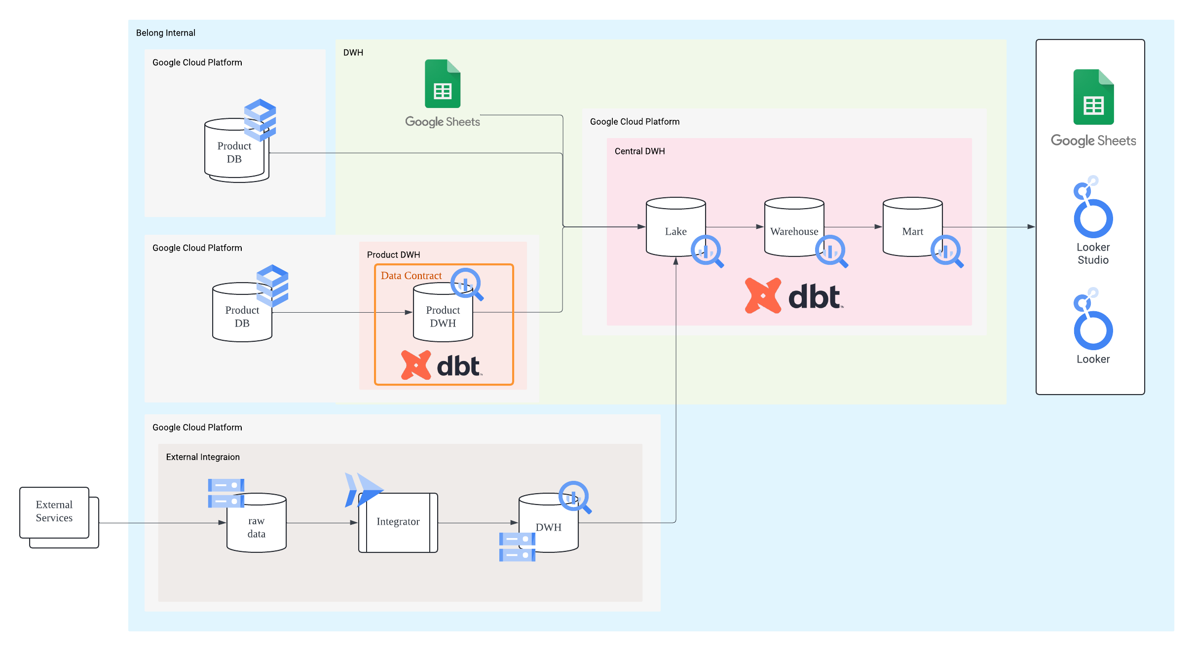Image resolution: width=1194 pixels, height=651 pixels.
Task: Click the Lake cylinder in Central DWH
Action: [675, 227]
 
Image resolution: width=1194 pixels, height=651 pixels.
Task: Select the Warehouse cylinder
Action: [794, 227]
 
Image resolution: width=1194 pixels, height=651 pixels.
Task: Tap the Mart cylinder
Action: [912, 227]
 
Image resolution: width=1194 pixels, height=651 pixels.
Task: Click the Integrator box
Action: [398, 522]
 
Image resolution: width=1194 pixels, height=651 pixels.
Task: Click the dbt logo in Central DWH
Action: [794, 296]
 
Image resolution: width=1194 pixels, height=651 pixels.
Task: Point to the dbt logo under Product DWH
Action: [442, 365]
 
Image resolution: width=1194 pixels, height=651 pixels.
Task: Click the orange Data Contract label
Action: [411, 276]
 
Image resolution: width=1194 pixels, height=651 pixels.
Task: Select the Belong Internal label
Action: [166, 33]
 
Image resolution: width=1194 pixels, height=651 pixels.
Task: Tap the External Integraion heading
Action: [203, 457]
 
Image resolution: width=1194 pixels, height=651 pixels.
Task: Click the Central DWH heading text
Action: [639, 151]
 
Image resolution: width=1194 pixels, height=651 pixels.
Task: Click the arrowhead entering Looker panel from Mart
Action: [1031, 227]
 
